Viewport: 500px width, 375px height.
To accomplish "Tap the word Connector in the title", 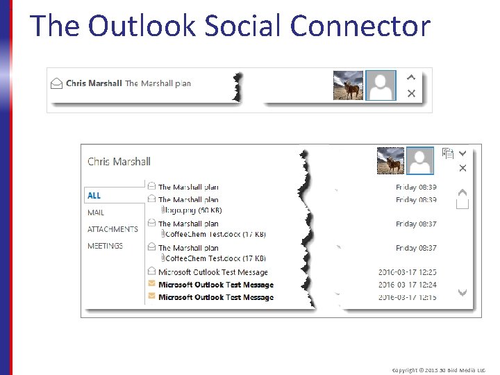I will pyautogui.click(x=360, y=26).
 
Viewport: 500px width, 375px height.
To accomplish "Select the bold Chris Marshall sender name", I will pyautogui.click(x=94, y=83).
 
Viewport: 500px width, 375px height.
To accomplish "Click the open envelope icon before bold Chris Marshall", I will pyautogui.click(x=57, y=83).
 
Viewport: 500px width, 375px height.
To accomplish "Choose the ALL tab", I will pyautogui.click(x=94, y=196).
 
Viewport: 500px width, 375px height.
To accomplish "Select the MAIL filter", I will pyautogui.click(x=96, y=212).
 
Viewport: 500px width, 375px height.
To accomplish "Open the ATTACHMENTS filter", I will pyautogui.click(x=112, y=229).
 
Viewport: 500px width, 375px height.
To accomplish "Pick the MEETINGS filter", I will pyautogui.click(x=105, y=246).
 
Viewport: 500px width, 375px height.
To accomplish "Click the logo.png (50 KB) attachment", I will pyautogui.click(x=192, y=210).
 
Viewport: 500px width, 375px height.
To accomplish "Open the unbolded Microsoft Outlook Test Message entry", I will pyautogui.click(x=212, y=272).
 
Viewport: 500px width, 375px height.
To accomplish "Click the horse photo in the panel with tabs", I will pyautogui.click(x=390, y=161).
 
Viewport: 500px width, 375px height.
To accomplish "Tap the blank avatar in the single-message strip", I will pyautogui.click(x=381, y=85).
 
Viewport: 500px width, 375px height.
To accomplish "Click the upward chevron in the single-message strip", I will pyautogui.click(x=411, y=78).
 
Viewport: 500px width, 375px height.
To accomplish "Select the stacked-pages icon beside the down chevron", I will pyautogui.click(x=448, y=153).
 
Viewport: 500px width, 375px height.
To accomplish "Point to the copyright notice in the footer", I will pyautogui.click(x=439, y=370).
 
